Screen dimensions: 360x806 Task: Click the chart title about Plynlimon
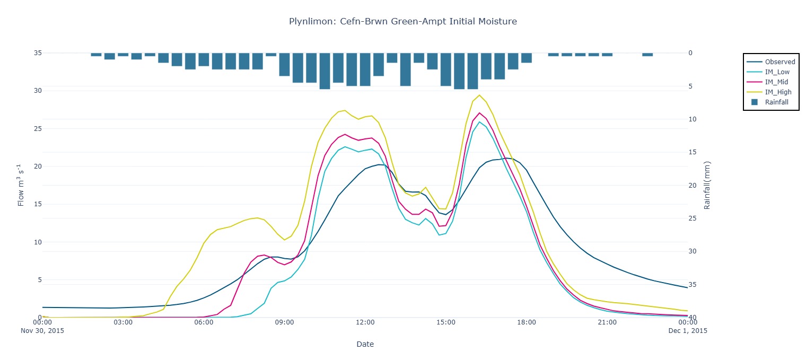point(402,22)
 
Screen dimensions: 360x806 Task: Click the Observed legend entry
point(779,62)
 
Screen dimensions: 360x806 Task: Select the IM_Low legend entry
point(778,72)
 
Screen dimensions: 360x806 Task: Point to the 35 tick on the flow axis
point(38,53)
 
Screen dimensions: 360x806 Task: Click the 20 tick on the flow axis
point(38,166)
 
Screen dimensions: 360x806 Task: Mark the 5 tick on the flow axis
point(38,280)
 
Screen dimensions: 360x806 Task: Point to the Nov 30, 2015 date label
point(42,330)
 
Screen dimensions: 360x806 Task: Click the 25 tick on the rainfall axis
point(692,218)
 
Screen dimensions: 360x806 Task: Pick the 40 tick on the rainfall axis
point(692,318)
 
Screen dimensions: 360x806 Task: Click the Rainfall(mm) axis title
point(707,185)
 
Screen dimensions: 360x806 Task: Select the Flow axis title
point(21,185)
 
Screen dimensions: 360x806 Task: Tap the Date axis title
point(365,344)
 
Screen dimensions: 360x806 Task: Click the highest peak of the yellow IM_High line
point(479,95)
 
